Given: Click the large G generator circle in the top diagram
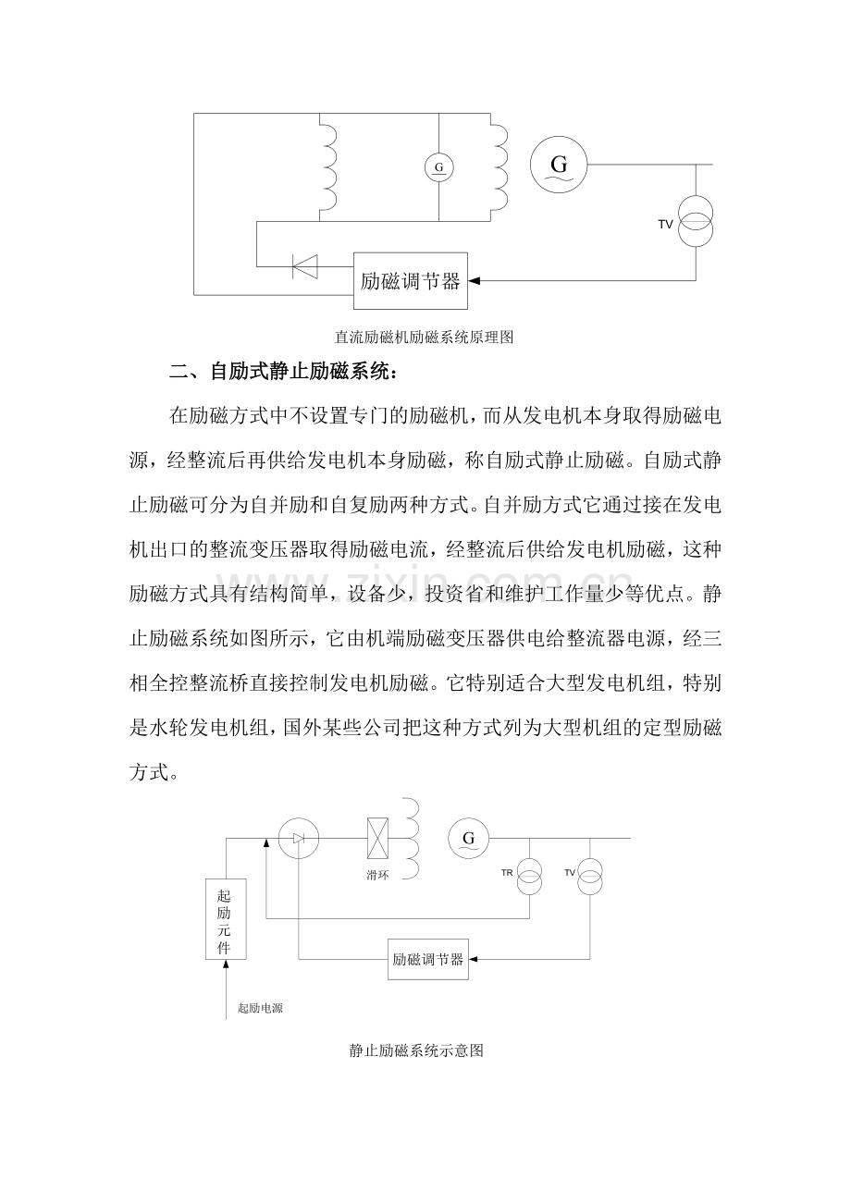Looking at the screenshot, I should [559, 165].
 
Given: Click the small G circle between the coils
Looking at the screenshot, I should [438, 167].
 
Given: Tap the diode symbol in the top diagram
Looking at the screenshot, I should [304, 266].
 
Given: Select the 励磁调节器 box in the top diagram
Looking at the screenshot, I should [412, 281].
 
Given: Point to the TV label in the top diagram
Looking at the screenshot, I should [665, 224].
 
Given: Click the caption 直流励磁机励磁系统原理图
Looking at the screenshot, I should [424, 338].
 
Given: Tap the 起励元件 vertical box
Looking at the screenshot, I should [225, 919].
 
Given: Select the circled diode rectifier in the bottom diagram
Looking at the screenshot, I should [298, 838].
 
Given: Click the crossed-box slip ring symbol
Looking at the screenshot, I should [377, 839].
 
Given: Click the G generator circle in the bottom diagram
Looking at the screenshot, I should [468, 839].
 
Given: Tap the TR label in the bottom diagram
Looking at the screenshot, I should [507, 873].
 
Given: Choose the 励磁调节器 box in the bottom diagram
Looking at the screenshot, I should [427, 959].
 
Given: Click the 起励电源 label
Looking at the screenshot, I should [260, 1009].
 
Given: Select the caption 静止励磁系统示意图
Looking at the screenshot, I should [417, 1051].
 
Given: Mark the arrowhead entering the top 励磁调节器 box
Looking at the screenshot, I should [475, 280].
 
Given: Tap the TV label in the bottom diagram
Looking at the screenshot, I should [570, 873].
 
